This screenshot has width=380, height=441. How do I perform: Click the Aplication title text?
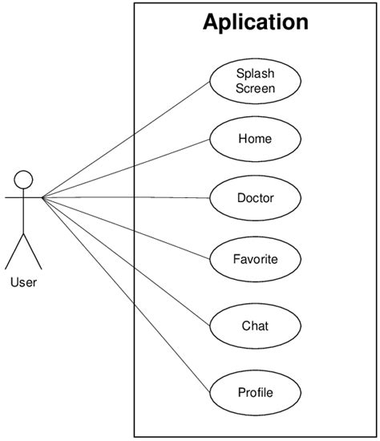[255, 22]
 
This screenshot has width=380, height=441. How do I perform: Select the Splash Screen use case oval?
[255, 81]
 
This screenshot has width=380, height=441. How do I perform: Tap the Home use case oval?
[255, 139]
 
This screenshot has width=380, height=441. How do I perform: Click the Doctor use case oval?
[255, 197]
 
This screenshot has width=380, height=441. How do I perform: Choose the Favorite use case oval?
[255, 259]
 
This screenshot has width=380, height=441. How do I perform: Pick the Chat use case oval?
[255, 326]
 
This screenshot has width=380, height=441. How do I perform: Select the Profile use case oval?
[255, 392]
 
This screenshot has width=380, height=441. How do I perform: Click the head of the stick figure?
[23, 179]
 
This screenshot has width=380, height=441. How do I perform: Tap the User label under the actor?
[23, 282]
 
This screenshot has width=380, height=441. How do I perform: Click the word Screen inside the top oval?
[255, 88]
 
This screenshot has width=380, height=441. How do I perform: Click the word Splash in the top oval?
[255, 74]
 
